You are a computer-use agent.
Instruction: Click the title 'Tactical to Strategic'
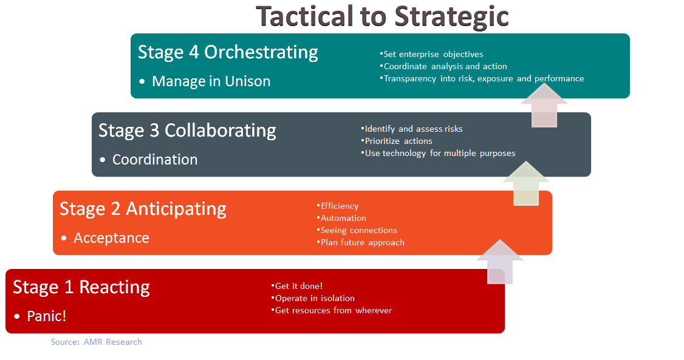(382, 16)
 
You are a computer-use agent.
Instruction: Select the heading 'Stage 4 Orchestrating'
(228, 52)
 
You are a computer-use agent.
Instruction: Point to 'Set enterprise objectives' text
(432, 54)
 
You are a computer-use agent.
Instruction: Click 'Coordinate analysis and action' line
(444, 66)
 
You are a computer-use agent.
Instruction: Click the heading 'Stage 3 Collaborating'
(187, 131)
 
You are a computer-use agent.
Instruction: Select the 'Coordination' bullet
(155, 160)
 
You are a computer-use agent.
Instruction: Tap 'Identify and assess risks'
(412, 129)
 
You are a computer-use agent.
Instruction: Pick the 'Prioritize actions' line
(398, 141)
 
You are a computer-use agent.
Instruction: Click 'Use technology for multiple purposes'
(439, 153)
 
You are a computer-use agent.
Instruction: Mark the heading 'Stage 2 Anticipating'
(143, 209)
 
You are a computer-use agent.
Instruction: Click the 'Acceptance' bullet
(111, 238)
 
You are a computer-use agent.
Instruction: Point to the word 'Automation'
(343, 218)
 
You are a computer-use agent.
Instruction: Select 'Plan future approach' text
(361, 242)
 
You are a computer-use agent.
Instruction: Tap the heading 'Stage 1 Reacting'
(81, 287)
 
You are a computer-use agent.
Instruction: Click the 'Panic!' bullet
(47, 316)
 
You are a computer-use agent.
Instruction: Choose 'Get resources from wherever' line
(332, 310)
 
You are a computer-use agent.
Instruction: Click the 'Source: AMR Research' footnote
(97, 342)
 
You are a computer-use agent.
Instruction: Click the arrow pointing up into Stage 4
(544, 106)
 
